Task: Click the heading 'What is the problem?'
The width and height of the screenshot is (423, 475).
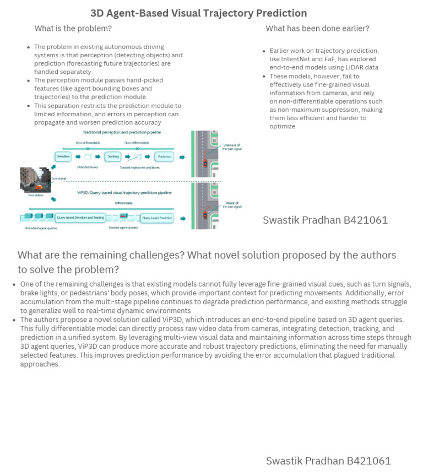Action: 73,29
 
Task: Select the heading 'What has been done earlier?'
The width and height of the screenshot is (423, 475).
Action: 317,29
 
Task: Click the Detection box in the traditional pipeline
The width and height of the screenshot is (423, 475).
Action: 63,157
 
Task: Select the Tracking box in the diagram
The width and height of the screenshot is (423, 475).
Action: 113,157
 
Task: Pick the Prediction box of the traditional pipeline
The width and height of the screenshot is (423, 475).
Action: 164,157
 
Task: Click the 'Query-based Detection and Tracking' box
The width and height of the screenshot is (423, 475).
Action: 80,218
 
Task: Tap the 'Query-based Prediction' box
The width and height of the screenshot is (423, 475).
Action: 157,218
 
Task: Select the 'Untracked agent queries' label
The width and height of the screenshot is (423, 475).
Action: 39,227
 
